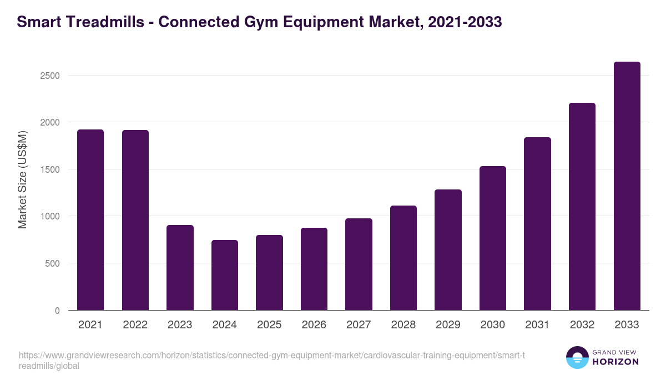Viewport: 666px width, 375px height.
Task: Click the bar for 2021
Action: point(90,219)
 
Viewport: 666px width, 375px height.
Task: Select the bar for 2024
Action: point(225,275)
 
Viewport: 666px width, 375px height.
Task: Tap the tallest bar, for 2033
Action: point(627,186)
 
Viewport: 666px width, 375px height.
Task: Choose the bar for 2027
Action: point(359,264)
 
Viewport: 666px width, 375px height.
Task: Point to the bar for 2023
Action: point(180,267)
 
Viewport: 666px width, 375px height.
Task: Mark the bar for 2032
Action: point(582,206)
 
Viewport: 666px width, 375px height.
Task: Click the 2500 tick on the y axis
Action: point(50,76)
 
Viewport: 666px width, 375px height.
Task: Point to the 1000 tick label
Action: point(50,216)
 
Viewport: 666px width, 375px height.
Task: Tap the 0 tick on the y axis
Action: point(57,311)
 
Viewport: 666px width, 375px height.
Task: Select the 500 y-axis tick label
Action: point(52,263)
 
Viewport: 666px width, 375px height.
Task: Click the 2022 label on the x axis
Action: point(135,325)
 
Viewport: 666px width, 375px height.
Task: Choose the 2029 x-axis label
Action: point(448,325)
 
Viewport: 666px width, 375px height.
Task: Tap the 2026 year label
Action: point(314,325)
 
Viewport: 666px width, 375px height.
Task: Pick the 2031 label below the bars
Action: point(537,325)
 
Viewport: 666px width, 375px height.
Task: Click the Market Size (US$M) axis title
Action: point(22,179)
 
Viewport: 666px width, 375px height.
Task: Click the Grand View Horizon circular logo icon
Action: point(577,358)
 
